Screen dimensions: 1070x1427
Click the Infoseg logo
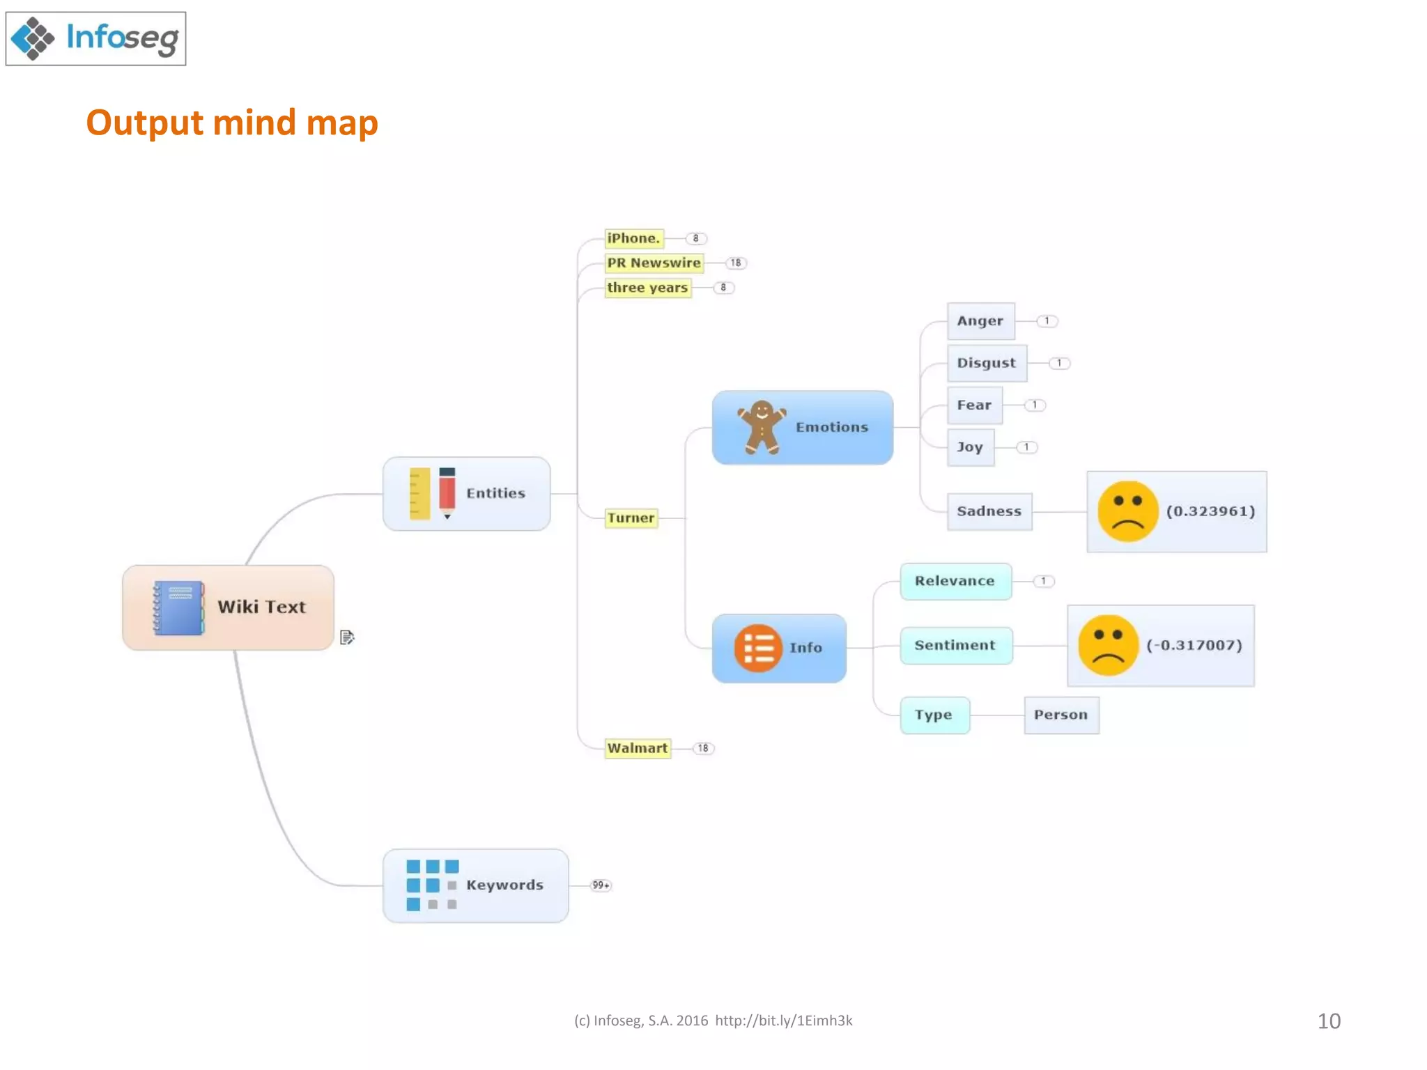click(x=95, y=38)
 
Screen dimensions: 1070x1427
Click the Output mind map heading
click(x=232, y=123)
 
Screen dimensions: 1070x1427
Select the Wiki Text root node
click(x=228, y=607)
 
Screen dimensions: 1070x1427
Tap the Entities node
click(x=466, y=494)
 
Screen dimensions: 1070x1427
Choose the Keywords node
click(x=475, y=885)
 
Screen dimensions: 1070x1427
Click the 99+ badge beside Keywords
click(x=601, y=885)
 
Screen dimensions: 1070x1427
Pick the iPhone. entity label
click(x=633, y=238)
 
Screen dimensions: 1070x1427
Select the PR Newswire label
click(x=654, y=263)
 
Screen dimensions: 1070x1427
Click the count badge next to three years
click(x=723, y=288)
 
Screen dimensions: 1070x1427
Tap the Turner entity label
click(x=631, y=518)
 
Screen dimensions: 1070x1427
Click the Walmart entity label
click(x=638, y=748)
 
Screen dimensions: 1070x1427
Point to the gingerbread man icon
click(x=762, y=427)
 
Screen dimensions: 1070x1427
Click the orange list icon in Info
click(x=758, y=648)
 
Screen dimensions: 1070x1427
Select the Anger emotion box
click(x=980, y=321)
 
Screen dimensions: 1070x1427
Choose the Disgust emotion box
click(x=986, y=363)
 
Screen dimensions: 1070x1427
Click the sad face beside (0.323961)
click(x=1127, y=511)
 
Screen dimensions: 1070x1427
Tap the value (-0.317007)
click(x=1194, y=645)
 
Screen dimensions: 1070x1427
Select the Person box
click(x=1061, y=715)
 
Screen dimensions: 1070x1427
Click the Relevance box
click(x=955, y=581)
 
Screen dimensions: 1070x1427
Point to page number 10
click(x=1328, y=1021)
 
